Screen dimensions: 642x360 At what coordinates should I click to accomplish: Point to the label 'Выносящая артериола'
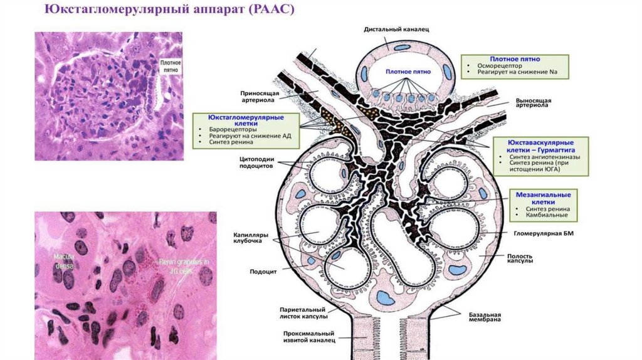pyautogui.click(x=532, y=103)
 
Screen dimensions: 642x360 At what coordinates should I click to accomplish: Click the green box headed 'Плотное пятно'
pyautogui.click(x=514, y=66)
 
